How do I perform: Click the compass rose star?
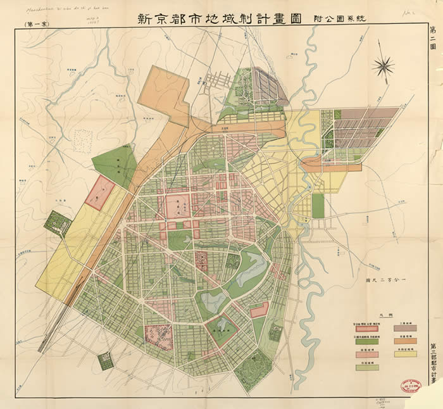click(x=384, y=65)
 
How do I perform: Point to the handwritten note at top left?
click(x=51, y=9)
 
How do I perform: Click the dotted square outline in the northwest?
click(x=83, y=139)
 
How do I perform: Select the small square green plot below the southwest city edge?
click(x=105, y=361)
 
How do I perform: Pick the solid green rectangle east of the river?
click(x=318, y=206)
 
